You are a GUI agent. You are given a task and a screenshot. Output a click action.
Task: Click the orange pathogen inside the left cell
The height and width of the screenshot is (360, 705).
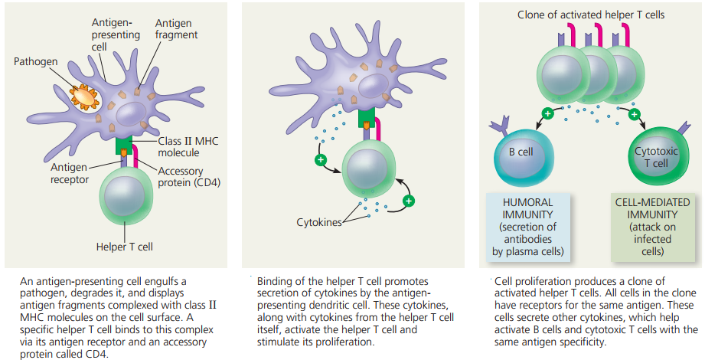84,97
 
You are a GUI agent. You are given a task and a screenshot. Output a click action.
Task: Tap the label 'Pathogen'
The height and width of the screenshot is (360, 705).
35,61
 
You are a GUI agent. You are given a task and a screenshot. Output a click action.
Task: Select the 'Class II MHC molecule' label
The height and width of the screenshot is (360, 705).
188,147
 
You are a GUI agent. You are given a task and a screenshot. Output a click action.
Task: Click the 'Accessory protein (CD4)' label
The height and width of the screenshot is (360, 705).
189,177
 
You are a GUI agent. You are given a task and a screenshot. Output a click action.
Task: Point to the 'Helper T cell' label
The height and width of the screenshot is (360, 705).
125,247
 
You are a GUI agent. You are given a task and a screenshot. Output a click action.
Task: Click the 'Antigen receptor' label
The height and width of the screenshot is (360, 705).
69,173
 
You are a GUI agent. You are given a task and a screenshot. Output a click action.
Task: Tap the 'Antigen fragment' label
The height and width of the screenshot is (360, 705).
176,29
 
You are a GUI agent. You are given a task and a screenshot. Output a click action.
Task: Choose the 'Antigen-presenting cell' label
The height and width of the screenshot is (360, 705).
116,34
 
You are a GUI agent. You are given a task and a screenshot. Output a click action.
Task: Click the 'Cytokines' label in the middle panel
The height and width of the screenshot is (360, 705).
318,222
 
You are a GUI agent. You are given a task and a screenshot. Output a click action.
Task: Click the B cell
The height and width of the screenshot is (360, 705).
521,156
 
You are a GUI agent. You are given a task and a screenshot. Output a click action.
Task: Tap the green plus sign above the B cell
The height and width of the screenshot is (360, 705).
547,114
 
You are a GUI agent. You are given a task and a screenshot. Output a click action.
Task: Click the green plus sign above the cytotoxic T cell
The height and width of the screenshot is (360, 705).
634,114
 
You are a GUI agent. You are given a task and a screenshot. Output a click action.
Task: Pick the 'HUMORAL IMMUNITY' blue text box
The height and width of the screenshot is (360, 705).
528,227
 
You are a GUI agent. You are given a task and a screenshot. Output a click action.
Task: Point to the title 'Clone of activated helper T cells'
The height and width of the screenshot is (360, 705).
591,15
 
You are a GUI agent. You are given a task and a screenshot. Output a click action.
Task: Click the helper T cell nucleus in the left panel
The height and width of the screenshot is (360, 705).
124,197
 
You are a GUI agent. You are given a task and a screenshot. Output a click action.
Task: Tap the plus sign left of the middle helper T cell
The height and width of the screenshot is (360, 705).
321,159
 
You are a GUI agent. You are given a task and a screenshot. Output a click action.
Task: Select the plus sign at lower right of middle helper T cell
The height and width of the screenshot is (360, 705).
408,201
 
